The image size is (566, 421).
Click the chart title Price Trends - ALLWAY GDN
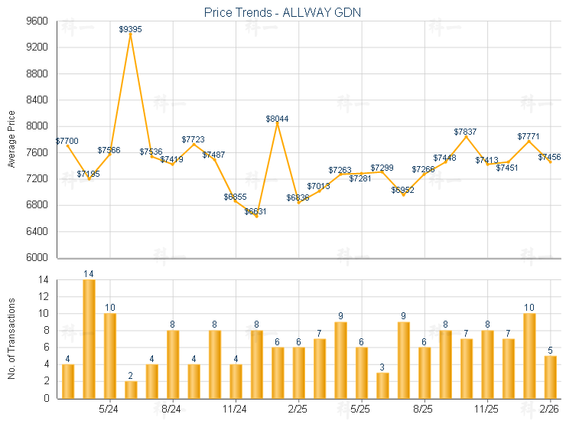click(x=282, y=12)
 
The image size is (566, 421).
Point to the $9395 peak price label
click(x=131, y=29)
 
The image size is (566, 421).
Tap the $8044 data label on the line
click(x=277, y=119)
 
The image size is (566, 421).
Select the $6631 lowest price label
click(x=255, y=211)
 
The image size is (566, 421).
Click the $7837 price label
click(x=465, y=132)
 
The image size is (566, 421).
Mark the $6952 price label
click(x=402, y=190)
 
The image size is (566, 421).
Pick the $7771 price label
click(x=529, y=135)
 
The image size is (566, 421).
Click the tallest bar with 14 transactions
click(x=89, y=338)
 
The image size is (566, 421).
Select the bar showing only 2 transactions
click(x=131, y=390)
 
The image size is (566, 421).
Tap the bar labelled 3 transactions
click(x=382, y=385)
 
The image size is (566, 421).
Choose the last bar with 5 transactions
click(x=550, y=377)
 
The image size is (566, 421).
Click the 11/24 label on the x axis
click(x=235, y=408)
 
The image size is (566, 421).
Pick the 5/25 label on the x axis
click(x=360, y=408)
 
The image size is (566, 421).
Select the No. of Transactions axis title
click(x=11, y=339)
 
